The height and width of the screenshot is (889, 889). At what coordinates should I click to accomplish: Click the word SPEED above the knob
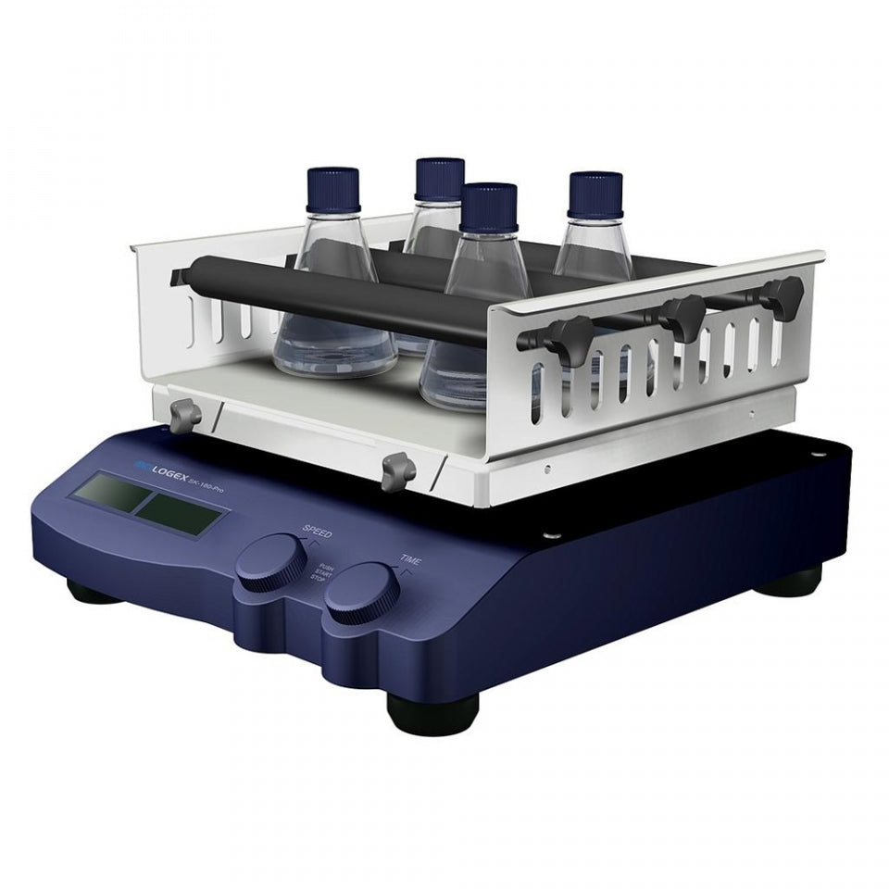[317, 532]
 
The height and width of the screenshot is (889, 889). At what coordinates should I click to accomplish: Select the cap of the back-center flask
[439, 179]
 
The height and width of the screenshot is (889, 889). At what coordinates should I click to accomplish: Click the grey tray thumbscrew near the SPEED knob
[396, 469]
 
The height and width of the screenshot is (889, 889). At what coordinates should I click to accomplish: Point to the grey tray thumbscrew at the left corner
[183, 413]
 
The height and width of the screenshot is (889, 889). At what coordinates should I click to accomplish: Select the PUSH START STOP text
[324, 573]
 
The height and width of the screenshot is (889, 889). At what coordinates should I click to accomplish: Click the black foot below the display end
[90, 591]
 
